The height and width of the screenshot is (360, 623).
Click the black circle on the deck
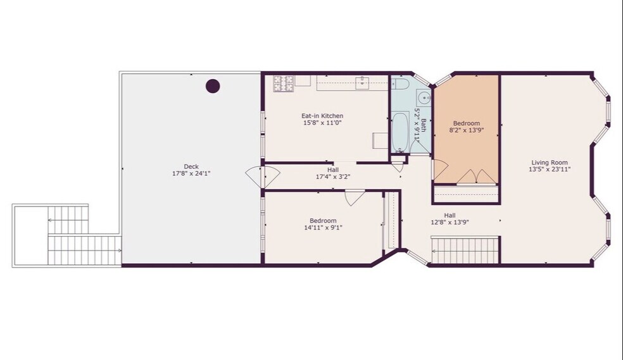point(213,86)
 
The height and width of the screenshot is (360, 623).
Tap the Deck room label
point(191,166)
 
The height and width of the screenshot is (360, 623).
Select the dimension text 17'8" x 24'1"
point(191,173)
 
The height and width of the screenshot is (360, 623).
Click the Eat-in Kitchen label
point(322,116)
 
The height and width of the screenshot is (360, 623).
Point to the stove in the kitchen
point(283,83)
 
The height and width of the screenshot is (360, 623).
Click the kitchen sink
point(362,83)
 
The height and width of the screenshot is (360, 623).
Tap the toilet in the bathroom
point(400,84)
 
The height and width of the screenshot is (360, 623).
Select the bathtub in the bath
point(400,132)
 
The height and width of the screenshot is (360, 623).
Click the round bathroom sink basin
point(424,97)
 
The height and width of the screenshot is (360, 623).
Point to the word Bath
point(424,126)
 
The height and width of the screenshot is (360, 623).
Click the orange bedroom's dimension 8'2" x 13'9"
point(467,130)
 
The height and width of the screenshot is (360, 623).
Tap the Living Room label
point(550,163)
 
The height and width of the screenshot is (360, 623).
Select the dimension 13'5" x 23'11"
point(550,170)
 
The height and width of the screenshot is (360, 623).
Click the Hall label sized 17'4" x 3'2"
point(333,170)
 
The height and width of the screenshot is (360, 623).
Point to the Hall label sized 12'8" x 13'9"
point(450,216)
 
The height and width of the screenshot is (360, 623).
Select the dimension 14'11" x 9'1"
point(323,228)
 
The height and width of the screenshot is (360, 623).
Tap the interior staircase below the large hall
point(465,251)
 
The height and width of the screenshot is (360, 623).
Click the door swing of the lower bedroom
point(355,197)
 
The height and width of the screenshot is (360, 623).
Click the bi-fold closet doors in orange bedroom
point(476,177)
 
